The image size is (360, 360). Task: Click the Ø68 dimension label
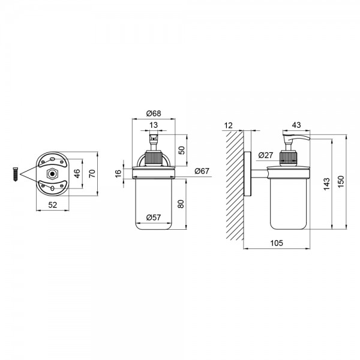[x=154, y=113]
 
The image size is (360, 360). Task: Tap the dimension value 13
[x=154, y=125]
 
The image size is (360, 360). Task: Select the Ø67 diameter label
[x=202, y=171]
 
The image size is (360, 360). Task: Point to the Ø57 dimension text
[x=154, y=217]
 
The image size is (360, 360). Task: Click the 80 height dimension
[x=181, y=204]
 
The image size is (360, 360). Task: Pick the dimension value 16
[x=118, y=173]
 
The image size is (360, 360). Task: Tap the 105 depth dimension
[x=277, y=243]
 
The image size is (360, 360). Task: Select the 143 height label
[x=326, y=184]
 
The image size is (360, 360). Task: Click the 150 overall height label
[x=341, y=181]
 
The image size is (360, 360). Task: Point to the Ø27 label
[x=266, y=155]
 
